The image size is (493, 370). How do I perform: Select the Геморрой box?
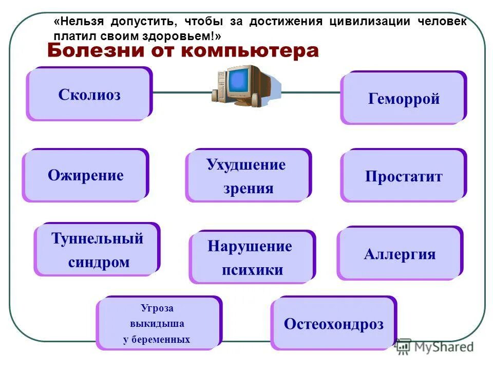tap(404, 98)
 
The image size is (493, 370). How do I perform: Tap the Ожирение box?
tap(85, 175)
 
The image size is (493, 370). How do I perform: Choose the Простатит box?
tap(404, 176)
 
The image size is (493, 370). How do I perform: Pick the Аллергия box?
tap(400, 254)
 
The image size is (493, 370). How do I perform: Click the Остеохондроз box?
tap(333, 324)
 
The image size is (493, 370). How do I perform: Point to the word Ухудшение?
tap(246, 165)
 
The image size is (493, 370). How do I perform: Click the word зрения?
tap(248, 188)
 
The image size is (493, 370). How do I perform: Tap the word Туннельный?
tap(97, 238)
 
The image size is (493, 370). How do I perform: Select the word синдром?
tap(99, 262)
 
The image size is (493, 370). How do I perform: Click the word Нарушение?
tap(250, 246)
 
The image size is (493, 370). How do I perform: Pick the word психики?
tap(252, 270)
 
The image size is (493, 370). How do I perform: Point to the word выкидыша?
tap(157, 324)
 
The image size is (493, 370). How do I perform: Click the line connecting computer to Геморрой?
tap(311, 93)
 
